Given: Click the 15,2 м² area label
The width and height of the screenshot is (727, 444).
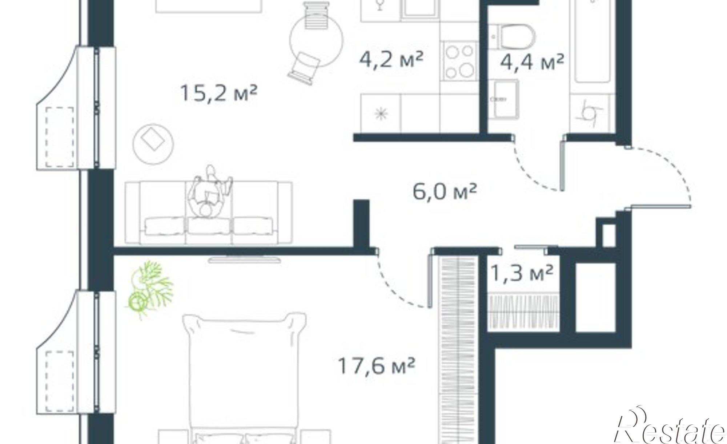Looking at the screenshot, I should point(218,93).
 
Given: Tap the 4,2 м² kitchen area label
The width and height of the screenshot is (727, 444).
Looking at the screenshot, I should point(391,60).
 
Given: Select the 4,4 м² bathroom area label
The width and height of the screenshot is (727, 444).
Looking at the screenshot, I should point(532,62).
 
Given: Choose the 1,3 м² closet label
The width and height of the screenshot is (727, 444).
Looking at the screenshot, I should point(522,273).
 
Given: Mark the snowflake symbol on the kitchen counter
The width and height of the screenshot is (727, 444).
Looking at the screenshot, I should point(381,114).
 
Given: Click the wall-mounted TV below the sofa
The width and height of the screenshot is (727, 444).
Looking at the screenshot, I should point(245,260).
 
